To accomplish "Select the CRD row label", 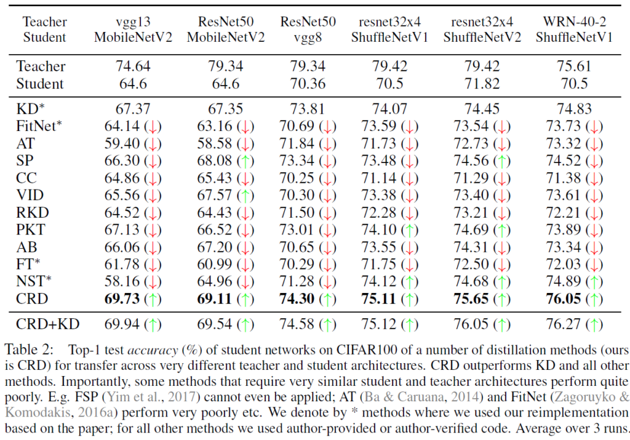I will pyautogui.click(x=33, y=300).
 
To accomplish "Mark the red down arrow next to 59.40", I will pyautogui.click(x=151, y=143).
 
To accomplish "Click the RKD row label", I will pyautogui.click(x=32, y=212).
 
